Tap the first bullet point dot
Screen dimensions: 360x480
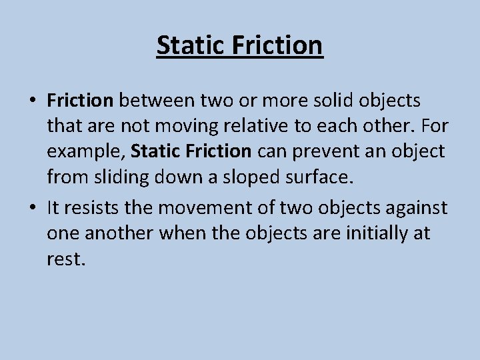pyautogui.click(x=33, y=101)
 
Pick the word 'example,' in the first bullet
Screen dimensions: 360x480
pyautogui.click(x=85, y=152)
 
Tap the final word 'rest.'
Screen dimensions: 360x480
pyautogui.click(x=66, y=259)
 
